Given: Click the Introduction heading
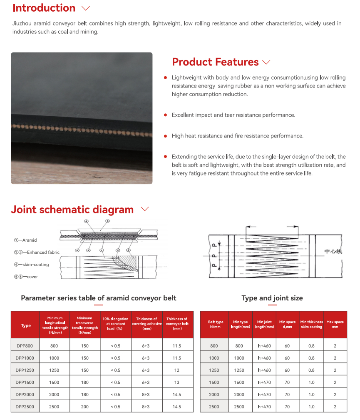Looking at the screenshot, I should (44, 8).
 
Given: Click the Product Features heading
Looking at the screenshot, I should (215, 62).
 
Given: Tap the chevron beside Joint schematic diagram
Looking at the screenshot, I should (144, 209).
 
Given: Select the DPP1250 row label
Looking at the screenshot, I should (25, 370).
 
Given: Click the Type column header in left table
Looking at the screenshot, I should (26, 325).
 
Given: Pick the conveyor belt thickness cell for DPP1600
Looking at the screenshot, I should (177, 382).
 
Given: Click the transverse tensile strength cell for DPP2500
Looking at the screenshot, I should (85, 407).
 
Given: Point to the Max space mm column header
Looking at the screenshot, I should (335, 325).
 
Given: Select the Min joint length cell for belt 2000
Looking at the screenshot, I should (264, 395).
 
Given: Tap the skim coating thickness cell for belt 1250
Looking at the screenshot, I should (311, 370).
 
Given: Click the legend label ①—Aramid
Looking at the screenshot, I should (25, 240).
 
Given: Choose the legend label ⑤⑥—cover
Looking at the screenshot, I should (26, 277).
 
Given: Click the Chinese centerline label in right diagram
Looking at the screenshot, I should (333, 251).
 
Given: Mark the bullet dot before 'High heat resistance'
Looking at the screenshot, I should (166, 136).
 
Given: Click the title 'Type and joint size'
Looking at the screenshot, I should (272, 298).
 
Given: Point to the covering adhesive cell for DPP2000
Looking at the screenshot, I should (146, 395).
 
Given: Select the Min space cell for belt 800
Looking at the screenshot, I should (287, 346).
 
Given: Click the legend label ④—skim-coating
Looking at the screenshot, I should (31, 265).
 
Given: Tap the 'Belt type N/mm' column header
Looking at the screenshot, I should (215, 325).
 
